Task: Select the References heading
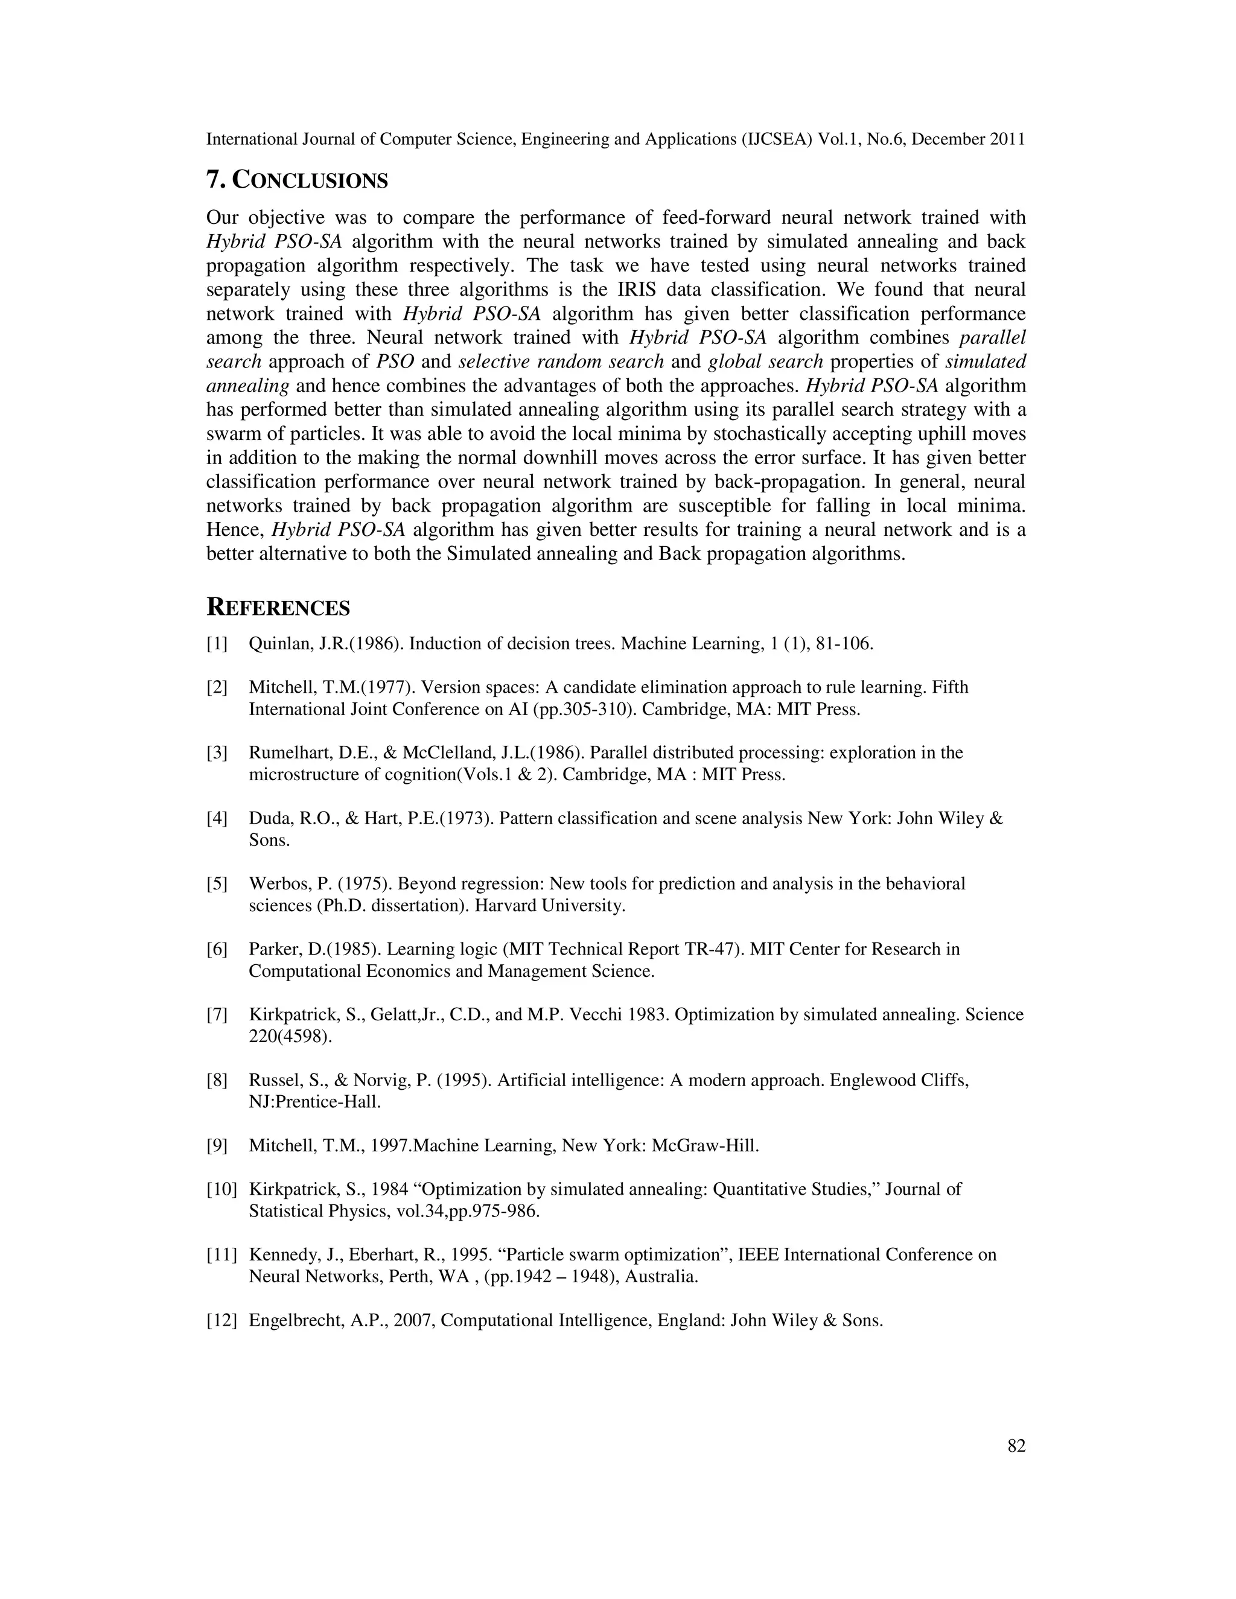coord(278,608)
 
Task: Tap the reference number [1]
coord(217,644)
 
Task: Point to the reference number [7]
coord(217,1015)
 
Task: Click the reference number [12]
coord(222,1321)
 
